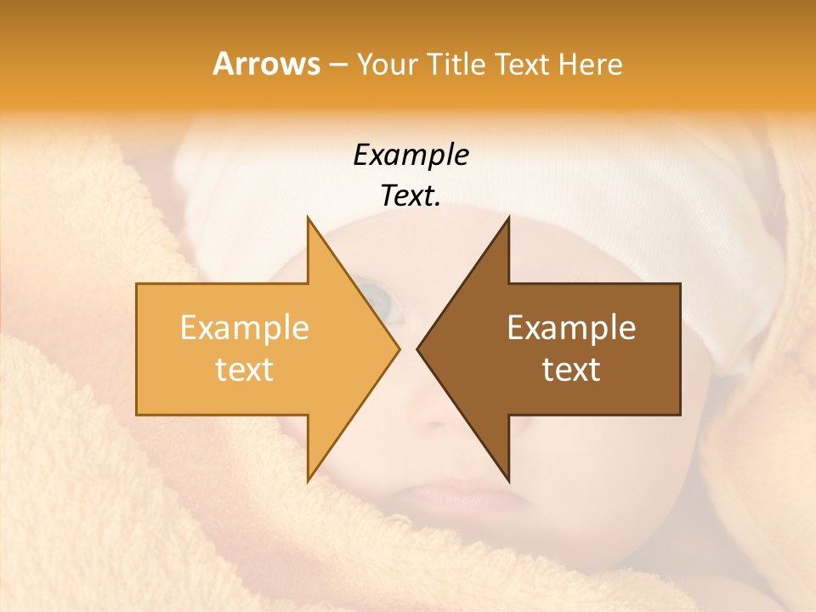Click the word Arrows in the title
pyautogui.click(x=266, y=64)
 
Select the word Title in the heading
pyautogui.click(x=457, y=65)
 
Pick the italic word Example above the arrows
pyautogui.click(x=411, y=156)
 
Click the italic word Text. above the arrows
pyautogui.click(x=411, y=195)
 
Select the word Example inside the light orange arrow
pyautogui.click(x=244, y=328)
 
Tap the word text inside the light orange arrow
pyautogui.click(x=244, y=370)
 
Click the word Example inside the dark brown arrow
pyautogui.click(x=571, y=328)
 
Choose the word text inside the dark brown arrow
pyautogui.click(x=571, y=370)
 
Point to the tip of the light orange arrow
pyautogui.click(x=399, y=348)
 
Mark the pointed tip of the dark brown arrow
pyautogui.click(x=417, y=348)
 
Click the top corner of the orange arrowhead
pyautogui.click(x=308, y=218)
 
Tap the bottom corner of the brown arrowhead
pyautogui.click(x=508, y=480)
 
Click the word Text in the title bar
pyautogui.click(x=522, y=65)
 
